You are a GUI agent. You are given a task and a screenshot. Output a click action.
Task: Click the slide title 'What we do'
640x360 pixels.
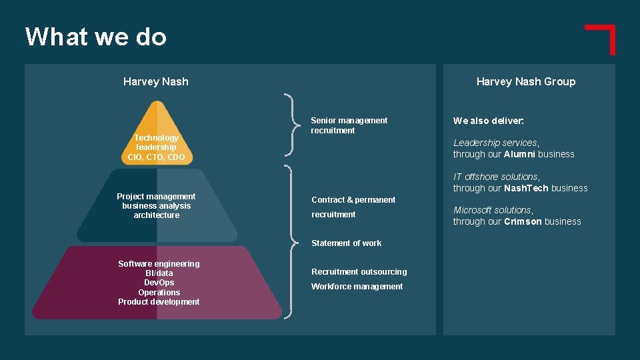click(95, 37)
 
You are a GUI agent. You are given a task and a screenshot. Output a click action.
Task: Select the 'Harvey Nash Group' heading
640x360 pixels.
click(525, 82)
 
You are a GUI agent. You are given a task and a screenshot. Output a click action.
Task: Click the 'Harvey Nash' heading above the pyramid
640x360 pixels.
click(156, 82)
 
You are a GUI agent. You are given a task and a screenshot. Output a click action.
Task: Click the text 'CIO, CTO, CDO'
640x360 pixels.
click(157, 157)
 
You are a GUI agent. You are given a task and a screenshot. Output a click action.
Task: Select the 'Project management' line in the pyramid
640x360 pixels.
click(156, 197)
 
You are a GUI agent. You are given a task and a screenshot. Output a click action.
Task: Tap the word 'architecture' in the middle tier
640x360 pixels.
click(157, 215)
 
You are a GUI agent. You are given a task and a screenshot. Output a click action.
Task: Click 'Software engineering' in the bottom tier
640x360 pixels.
click(159, 264)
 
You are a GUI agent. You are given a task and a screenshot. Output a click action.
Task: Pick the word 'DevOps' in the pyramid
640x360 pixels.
click(159, 283)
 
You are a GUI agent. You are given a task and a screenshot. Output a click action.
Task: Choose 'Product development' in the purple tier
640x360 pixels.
click(159, 302)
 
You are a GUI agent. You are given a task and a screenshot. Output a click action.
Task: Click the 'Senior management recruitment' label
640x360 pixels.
click(349, 125)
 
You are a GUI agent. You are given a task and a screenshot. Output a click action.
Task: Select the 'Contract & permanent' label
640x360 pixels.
click(353, 200)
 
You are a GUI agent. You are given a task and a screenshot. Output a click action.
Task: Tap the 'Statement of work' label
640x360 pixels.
click(347, 243)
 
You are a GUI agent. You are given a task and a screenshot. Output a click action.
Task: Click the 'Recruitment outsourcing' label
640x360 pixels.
click(359, 272)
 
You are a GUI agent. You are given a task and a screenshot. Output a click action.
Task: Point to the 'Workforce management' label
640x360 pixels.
click(357, 287)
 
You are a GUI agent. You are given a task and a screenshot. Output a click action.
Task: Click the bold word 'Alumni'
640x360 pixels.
click(519, 155)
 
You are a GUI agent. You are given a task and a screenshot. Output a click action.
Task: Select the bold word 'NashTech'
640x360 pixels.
click(526, 189)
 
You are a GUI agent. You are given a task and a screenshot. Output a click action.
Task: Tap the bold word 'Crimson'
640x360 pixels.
click(523, 222)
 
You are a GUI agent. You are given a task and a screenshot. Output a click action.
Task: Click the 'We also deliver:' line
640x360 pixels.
click(489, 121)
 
